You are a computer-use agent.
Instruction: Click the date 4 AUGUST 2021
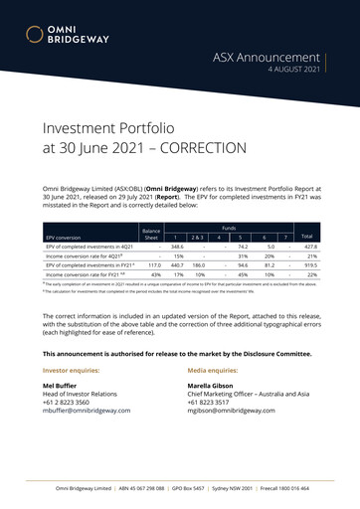coord(292,72)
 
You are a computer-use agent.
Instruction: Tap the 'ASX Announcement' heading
coord(267,58)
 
